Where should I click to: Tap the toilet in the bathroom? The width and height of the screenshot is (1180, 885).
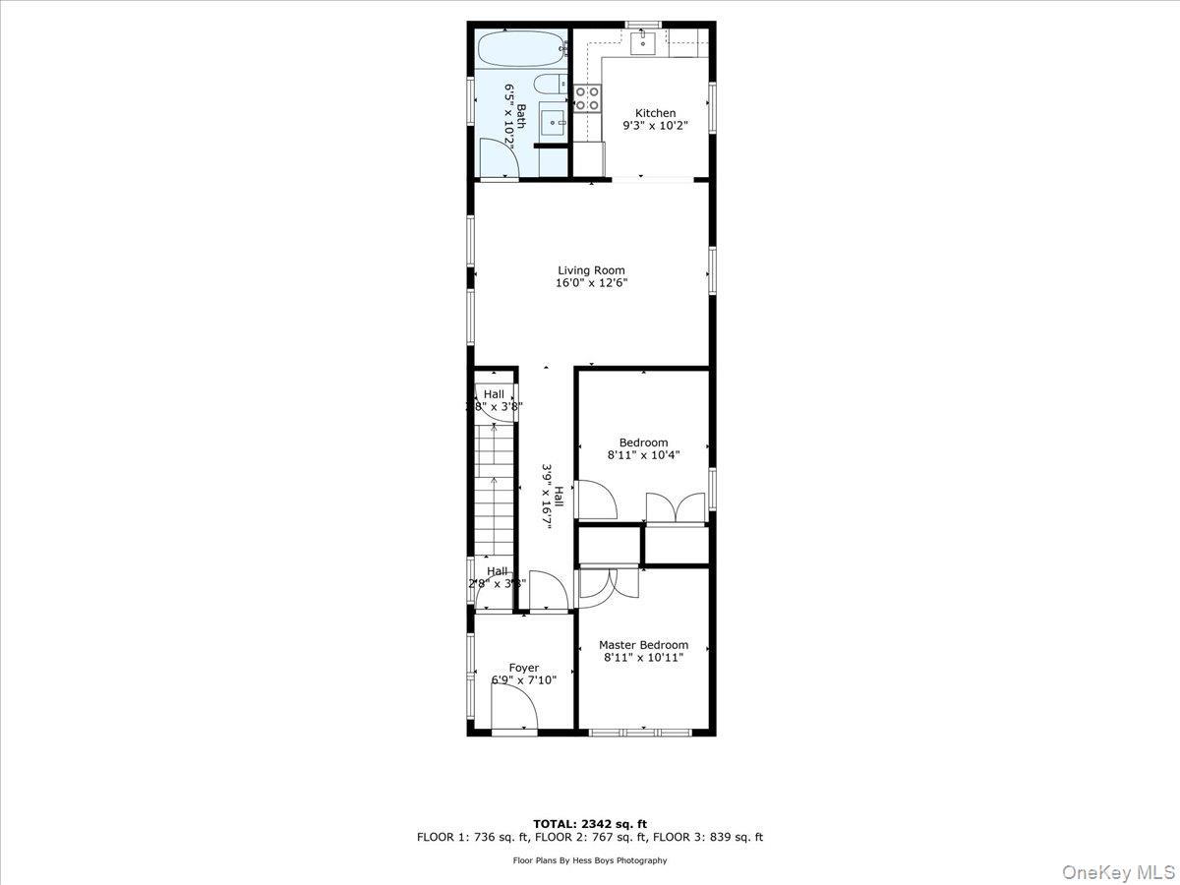click(548, 85)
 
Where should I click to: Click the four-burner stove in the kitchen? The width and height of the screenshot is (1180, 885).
click(588, 97)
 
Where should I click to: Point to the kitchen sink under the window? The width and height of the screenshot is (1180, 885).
click(643, 41)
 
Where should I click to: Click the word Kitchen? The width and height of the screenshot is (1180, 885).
click(655, 113)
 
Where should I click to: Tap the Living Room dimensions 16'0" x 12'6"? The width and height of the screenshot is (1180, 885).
click(591, 283)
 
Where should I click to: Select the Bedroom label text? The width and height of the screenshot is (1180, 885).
click(643, 442)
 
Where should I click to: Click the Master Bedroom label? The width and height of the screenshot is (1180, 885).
click(643, 645)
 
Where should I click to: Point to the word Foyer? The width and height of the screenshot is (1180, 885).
click(523, 668)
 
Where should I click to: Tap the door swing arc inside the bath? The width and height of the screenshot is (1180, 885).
click(498, 157)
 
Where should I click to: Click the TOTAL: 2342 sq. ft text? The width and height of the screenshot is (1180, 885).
click(590, 824)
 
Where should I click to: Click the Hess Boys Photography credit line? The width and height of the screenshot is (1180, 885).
click(590, 860)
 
